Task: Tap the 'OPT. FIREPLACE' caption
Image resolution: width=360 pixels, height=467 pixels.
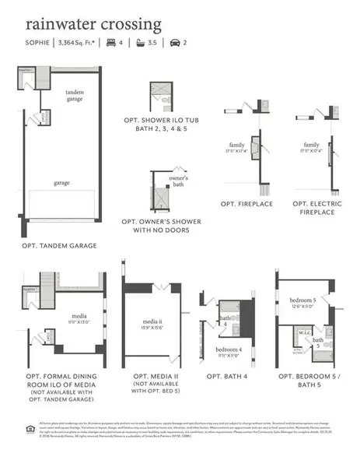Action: (245, 203)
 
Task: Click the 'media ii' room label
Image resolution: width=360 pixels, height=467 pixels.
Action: (152, 321)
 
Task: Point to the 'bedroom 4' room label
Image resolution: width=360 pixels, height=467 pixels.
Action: (228, 350)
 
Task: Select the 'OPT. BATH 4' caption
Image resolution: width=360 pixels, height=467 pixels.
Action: (229, 376)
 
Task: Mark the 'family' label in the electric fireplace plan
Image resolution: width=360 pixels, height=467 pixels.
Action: (312, 145)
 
